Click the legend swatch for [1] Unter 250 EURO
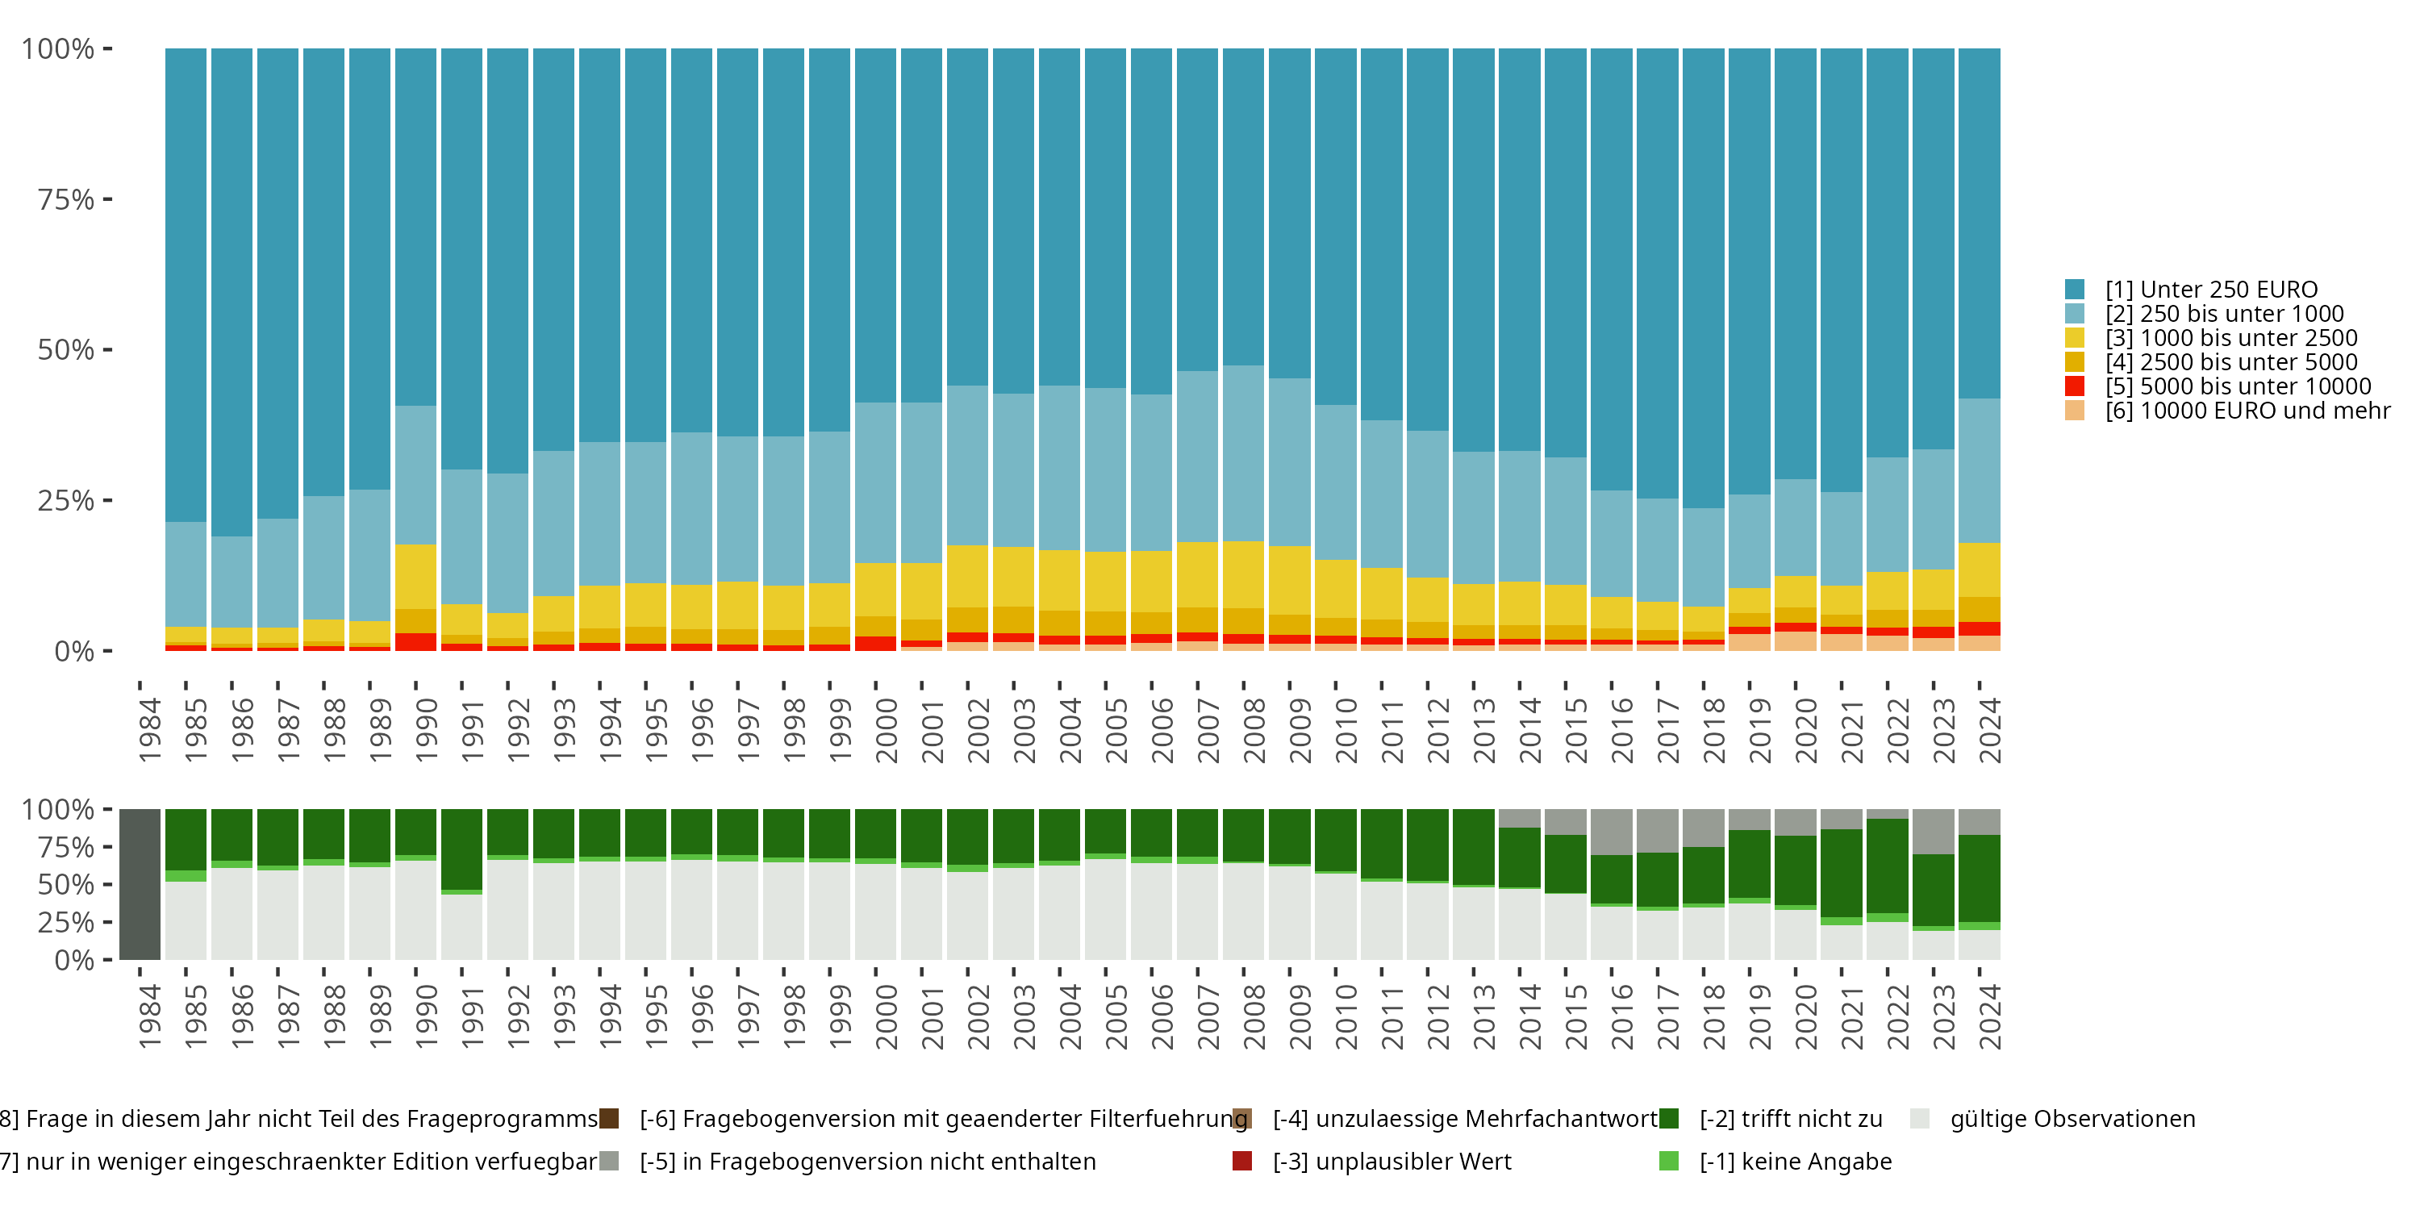pyautogui.click(x=2074, y=290)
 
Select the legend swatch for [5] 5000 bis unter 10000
pyautogui.click(x=2074, y=386)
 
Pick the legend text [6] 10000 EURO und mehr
pyautogui.click(x=2247, y=411)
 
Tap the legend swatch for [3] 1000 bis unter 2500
pyautogui.click(x=2074, y=338)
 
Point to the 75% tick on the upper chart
pyautogui.click(x=107, y=199)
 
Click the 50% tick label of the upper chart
pyautogui.click(x=66, y=350)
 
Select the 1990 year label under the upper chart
pyautogui.click(x=426, y=730)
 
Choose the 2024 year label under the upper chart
pyautogui.click(x=1988, y=730)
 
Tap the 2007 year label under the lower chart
pyautogui.click(x=1208, y=1017)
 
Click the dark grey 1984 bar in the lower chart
pyautogui.click(x=140, y=884)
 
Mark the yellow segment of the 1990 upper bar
pyautogui.click(x=415, y=576)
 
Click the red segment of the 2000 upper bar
pyautogui.click(x=875, y=644)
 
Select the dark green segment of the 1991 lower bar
pyautogui.click(x=461, y=849)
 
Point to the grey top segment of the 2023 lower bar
pyautogui.click(x=1934, y=831)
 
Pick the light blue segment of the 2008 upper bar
pyautogui.click(x=1243, y=453)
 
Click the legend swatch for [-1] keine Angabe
pyautogui.click(x=1669, y=1161)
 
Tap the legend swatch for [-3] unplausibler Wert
pyautogui.click(x=1242, y=1161)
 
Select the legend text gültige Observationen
pyautogui.click(x=2072, y=1119)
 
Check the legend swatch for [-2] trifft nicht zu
pyautogui.click(x=1669, y=1119)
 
